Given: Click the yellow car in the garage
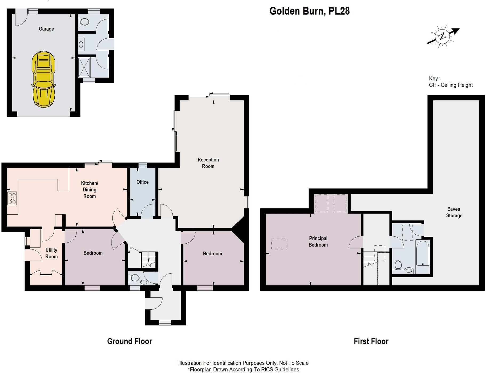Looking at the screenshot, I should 43,79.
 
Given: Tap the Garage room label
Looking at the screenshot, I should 46,29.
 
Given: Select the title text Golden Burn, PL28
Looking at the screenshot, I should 309,11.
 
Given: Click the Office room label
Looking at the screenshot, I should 142,182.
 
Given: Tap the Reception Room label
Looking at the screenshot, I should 208,163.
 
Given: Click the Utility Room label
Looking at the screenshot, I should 51,253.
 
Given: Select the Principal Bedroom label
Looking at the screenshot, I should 318,241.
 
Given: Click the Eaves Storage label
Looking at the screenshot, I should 454,212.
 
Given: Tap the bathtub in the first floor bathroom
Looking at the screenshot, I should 423,253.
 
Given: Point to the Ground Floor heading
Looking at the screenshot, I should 129,341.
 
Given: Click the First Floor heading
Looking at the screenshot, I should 371,341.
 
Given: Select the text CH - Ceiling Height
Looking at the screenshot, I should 451,85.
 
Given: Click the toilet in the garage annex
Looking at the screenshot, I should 84,22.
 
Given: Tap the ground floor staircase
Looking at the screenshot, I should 148,260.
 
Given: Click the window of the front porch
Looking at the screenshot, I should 165,322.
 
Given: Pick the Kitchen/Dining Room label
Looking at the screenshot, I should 90,190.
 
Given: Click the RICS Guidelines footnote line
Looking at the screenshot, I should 243,370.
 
